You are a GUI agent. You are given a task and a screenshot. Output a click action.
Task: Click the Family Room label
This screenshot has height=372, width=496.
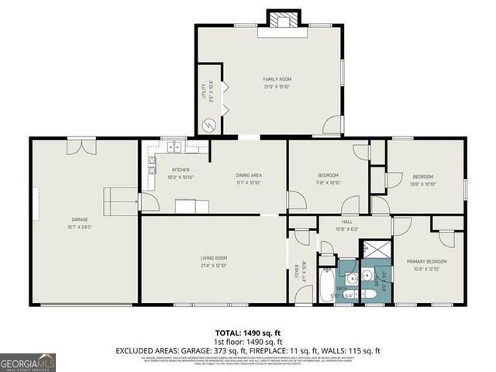[x=277, y=79]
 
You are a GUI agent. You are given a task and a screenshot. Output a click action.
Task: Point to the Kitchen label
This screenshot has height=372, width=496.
[x=181, y=170]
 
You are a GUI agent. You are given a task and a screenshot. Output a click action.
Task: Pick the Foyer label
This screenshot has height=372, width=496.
[x=296, y=271]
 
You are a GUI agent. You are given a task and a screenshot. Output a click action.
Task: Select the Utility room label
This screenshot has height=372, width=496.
[x=204, y=92]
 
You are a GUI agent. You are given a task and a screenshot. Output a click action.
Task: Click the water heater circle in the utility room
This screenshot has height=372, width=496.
[x=208, y=125]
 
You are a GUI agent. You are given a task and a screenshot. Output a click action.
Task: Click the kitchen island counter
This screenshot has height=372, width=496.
[x=191, y=206]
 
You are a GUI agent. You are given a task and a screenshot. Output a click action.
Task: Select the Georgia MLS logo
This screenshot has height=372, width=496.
[x=28, y=361]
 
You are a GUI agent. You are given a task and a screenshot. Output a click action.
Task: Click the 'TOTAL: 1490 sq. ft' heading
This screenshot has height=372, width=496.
[x=249, y=332]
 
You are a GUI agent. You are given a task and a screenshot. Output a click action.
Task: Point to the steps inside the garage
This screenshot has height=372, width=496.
[x=116, y=201]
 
